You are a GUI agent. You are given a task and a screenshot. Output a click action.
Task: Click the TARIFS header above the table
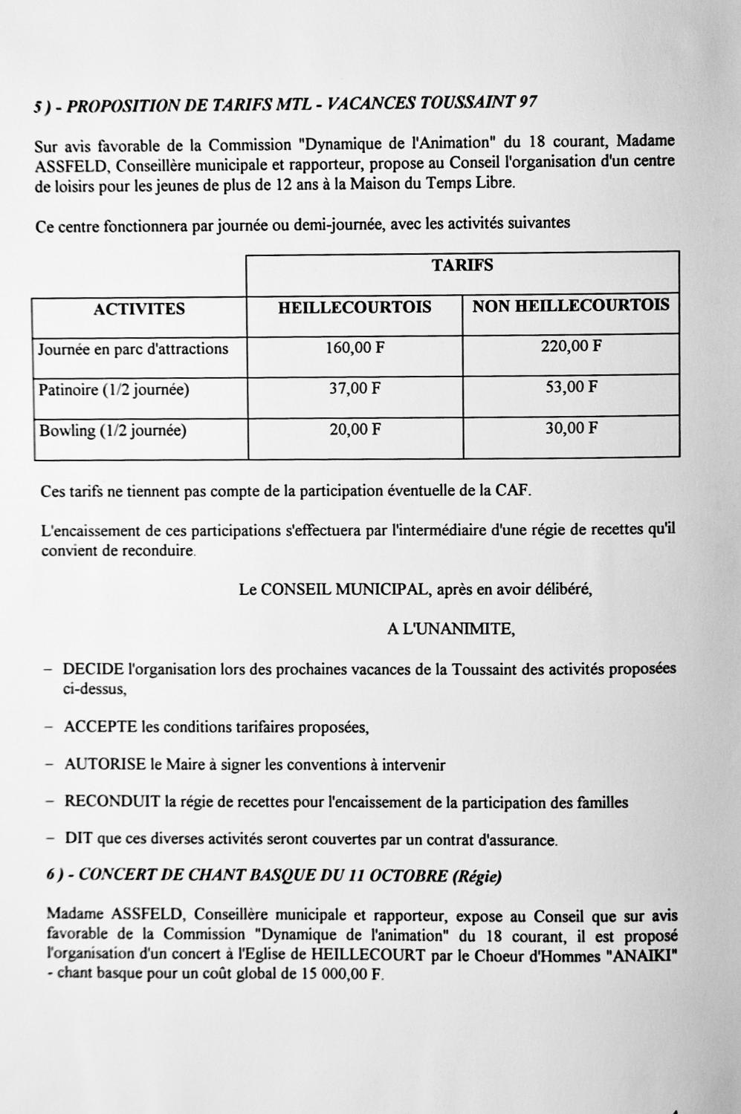[x=462, y=265]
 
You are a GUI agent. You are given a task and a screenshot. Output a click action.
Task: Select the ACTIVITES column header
[x=139, y=310]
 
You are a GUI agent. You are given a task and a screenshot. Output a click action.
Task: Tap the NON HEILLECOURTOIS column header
[x=571, y=305]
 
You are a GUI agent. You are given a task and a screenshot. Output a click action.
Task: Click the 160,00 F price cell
[x=355, y=348]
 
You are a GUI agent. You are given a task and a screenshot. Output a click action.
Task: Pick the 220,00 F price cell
[x=571, y=345]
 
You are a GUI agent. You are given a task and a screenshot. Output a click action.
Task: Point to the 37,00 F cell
[x=355, y=388]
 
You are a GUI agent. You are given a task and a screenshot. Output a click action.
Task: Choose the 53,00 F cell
[x=571, y=387]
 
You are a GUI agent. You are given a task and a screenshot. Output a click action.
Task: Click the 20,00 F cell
[x=355, y=430]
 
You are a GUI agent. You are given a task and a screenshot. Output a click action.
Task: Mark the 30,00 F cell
[x=571, y=428]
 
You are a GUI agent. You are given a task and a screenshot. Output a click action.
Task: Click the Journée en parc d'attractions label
[x=133, y=349]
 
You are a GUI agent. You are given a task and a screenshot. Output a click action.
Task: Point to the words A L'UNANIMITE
[x=450, y=629]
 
